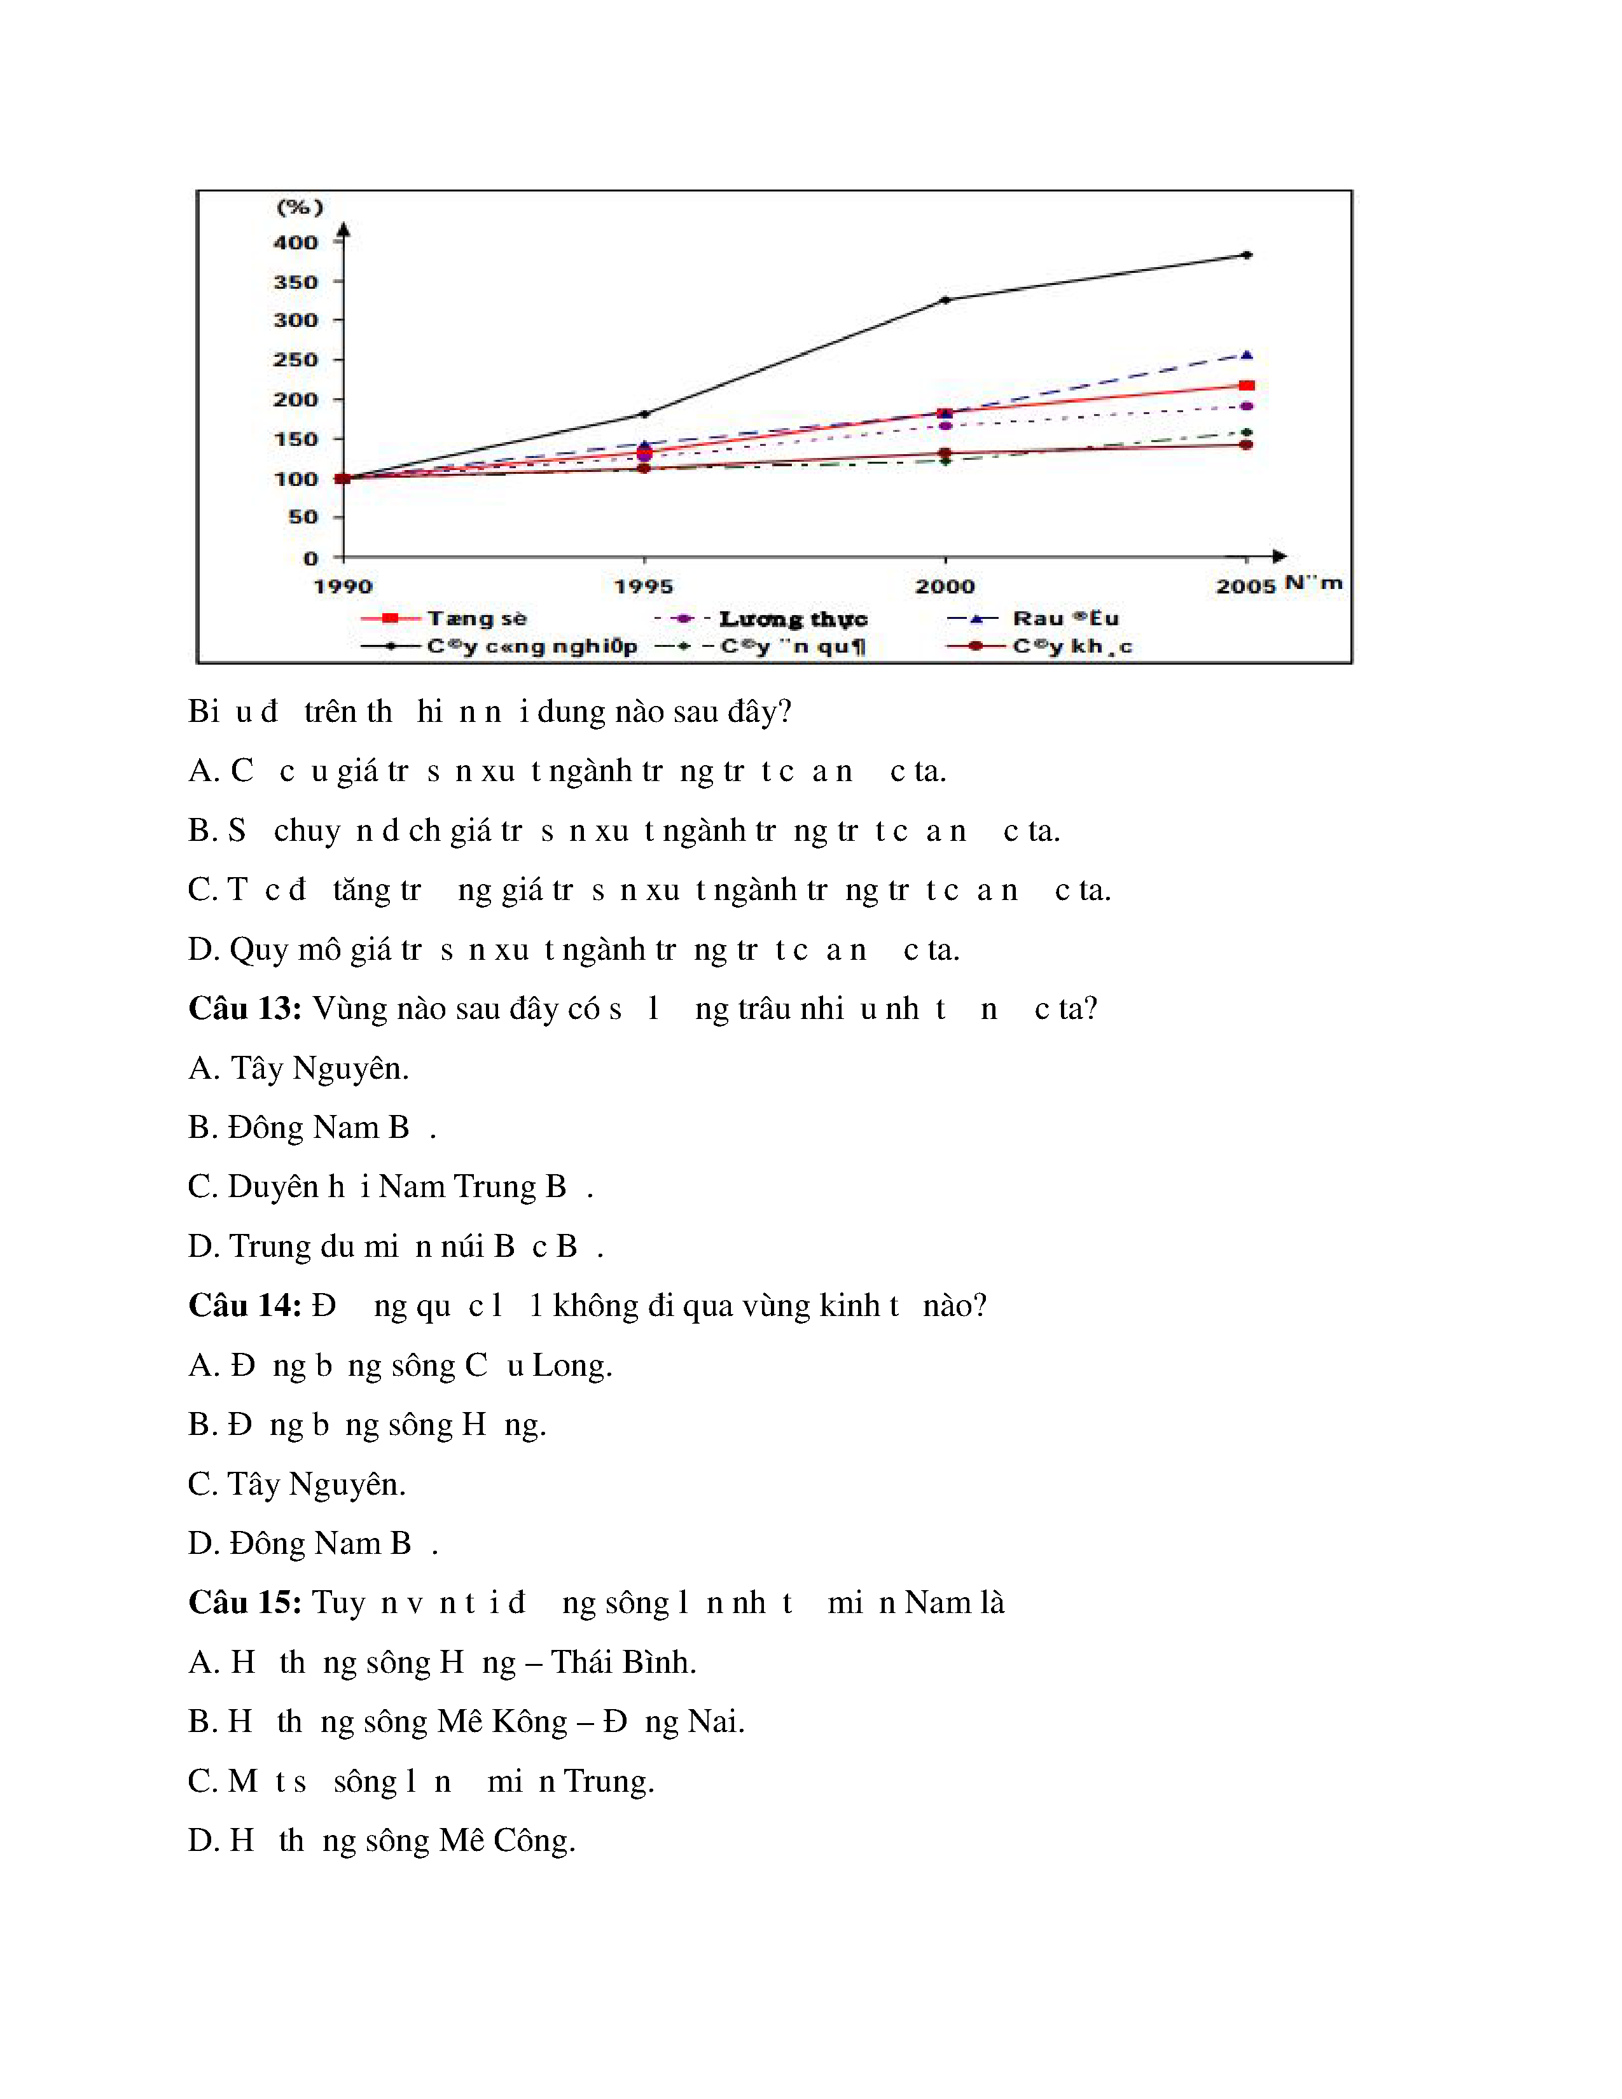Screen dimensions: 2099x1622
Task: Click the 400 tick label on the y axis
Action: point(295,243)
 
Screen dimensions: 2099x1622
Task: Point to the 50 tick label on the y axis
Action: point(303,517)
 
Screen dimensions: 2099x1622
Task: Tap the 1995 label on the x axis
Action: point(644,586)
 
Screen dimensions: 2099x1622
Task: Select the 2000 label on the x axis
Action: point(945,586)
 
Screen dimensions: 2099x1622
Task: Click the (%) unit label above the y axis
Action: point(300,207)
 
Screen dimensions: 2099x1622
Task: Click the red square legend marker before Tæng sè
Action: point(390,618)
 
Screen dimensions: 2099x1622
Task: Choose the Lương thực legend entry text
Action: point(793,619)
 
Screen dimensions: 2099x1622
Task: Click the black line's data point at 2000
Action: point(945,300)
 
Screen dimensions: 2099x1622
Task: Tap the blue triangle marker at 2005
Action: point(1246,356)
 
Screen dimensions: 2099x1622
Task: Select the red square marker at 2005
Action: point(1246,385)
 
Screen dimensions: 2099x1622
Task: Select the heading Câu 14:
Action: point(245,1306)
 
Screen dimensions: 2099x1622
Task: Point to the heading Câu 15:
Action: point(245,1603)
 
